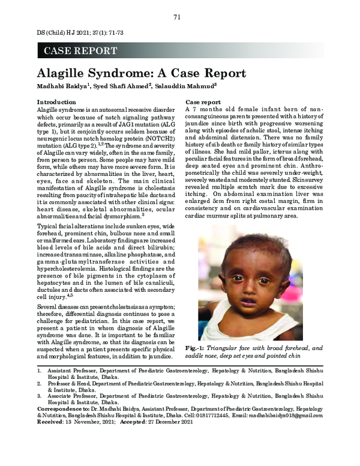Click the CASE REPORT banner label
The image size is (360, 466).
(x=81, y=51)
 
